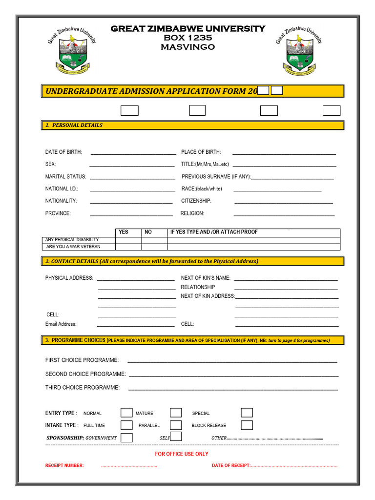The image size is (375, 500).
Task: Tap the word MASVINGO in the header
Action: point(187,47)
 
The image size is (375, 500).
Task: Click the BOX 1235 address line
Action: point(187,38)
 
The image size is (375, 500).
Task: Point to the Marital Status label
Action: point(65,176)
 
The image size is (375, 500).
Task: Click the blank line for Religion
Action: point(284,214)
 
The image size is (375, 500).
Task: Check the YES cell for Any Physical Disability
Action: point(128,240)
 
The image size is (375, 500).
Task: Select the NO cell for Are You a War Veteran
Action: point(154,247)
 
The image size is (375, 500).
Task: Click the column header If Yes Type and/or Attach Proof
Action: point(214,232)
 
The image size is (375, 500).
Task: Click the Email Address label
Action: point(61,324)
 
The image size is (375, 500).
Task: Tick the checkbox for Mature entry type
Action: point(176,413)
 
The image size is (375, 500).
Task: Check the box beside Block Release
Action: point(247,425)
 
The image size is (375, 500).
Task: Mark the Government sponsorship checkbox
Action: point(126,437)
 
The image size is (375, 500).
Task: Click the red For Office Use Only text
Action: point(182,454)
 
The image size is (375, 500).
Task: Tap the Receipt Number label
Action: point(64,465)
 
